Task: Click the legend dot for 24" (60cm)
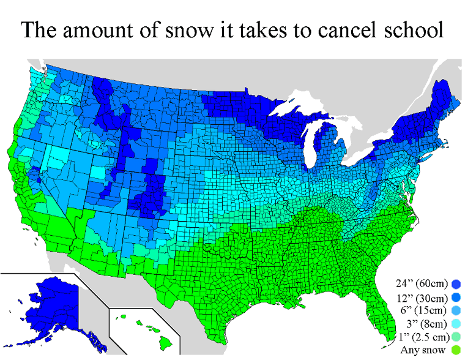(456, 283)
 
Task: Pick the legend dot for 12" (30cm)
(456, 297)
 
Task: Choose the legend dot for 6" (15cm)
(456, 310)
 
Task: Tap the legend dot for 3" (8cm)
(456, 324)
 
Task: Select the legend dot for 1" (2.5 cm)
(456, 337)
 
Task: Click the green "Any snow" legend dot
(456, 351)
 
